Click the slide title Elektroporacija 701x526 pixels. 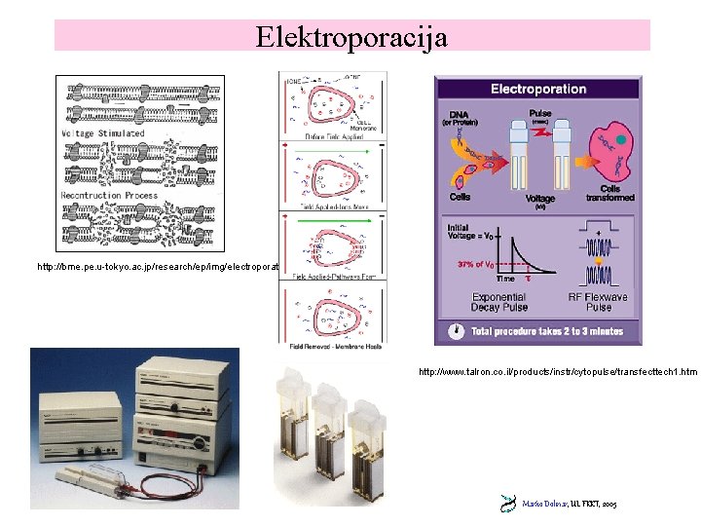coord(351,37)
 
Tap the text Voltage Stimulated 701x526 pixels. coord(103,132)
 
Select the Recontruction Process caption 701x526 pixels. coord(109,195)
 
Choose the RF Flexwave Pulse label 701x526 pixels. coord(599,302)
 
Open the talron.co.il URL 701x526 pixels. coord(557,372)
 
